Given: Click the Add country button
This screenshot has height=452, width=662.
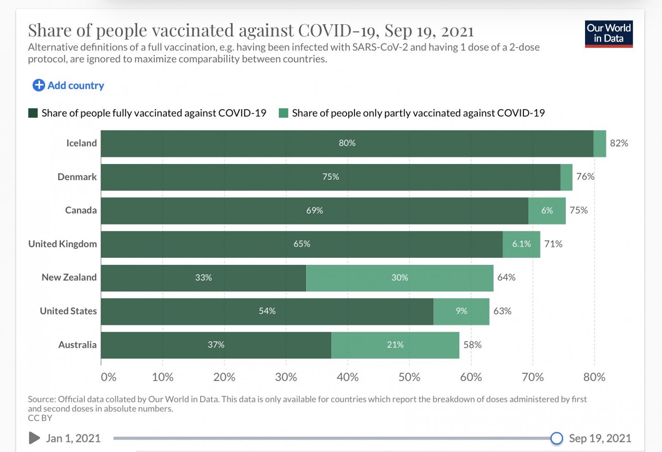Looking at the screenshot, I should tap(68, 86).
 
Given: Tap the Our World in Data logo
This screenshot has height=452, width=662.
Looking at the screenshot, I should tap(609, 34).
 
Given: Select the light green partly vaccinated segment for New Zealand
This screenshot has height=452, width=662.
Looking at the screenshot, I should tap(400, 278).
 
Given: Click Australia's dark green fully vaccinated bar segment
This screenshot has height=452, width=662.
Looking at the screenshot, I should tap(216, 345).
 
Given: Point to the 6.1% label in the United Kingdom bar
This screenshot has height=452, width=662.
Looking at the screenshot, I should tap(521, 244).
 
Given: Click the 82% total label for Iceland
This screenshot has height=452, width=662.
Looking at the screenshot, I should tap(619, 143).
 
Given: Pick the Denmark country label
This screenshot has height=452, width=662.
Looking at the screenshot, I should tap(77, 177).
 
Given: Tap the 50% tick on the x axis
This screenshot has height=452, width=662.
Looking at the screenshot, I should tap(409, 377).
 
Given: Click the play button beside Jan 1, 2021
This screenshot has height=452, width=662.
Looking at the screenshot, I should tap(34, 438).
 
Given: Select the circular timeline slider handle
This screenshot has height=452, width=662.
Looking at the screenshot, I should tap(556, 438).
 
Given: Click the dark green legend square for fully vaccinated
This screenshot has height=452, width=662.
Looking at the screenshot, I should tap(33, 113).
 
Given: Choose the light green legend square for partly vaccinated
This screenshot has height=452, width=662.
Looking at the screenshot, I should tap(283, 113).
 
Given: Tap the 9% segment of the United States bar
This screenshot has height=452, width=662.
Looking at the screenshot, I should tap(461, 311).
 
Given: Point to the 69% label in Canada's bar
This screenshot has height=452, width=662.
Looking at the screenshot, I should tap(314, 211).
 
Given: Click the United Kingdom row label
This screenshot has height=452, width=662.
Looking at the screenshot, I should tap(62, 244).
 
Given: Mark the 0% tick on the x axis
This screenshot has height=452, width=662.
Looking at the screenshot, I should tap(108, 377).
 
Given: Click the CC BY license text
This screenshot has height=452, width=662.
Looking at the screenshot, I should tap(40, 418).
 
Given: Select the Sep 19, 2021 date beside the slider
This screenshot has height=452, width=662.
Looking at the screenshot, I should tap(600, 438).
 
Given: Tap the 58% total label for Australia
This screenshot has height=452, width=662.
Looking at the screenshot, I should tap(472, 345).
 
